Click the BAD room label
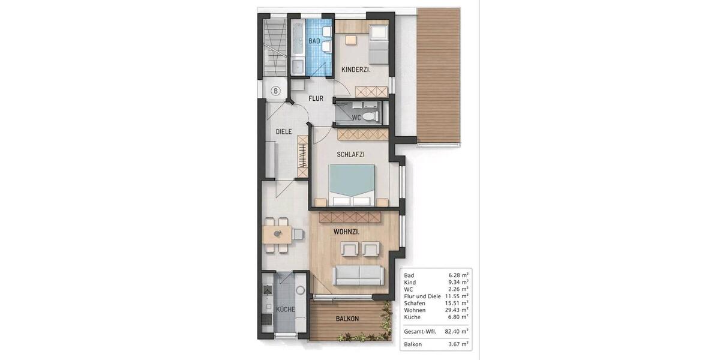pos(314,41)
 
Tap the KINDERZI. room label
pos(356,70)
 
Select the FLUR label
pos(316,98)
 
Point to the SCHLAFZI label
pos(351,154)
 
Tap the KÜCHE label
pos(286,310)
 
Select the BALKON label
pos(347,319)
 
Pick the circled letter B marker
pos(275,91)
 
